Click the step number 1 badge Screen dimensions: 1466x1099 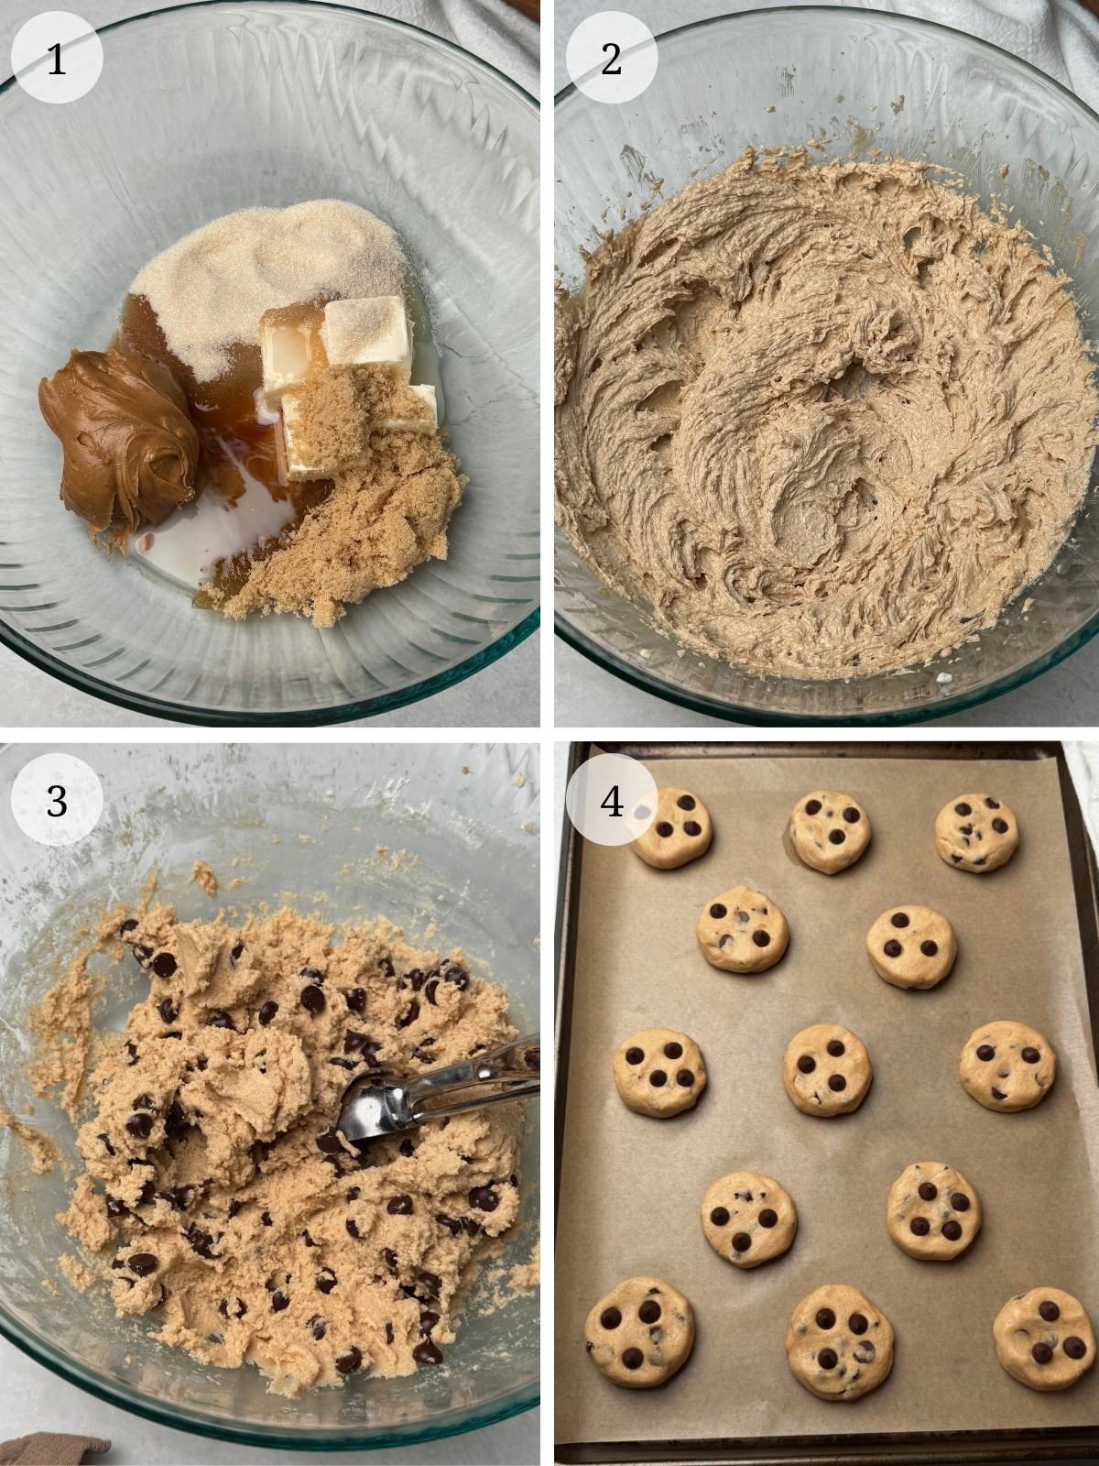point(57,60)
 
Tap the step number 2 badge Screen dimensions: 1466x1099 point(611,60)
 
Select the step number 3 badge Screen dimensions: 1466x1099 point(57,801)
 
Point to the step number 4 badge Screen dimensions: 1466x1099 point(611,803)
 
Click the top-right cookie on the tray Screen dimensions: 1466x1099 point(975,832)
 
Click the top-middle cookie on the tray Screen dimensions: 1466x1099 point(831,831)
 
